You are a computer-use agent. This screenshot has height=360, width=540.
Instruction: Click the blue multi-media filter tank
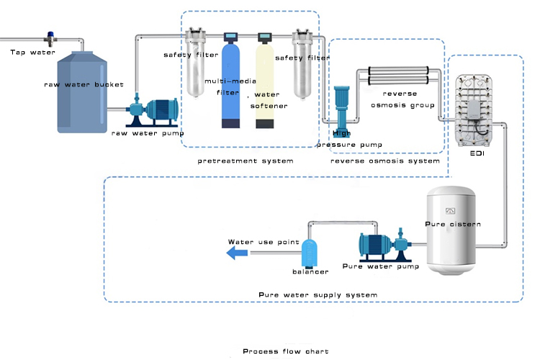tap(231, 86)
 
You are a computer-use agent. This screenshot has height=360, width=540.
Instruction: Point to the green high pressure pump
tap(341, 108)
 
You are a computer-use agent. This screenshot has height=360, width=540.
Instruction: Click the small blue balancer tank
tap(310, 252)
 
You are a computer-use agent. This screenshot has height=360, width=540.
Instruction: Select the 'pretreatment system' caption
tap(246, 161)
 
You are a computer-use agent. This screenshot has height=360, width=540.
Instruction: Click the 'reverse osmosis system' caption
tap(384, 161)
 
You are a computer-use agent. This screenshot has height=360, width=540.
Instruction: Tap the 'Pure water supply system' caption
tap(318, 295)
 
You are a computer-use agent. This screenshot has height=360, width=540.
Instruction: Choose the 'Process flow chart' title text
tap(285, 351)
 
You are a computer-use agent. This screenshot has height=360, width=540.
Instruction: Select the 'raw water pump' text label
tap(148, 133)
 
